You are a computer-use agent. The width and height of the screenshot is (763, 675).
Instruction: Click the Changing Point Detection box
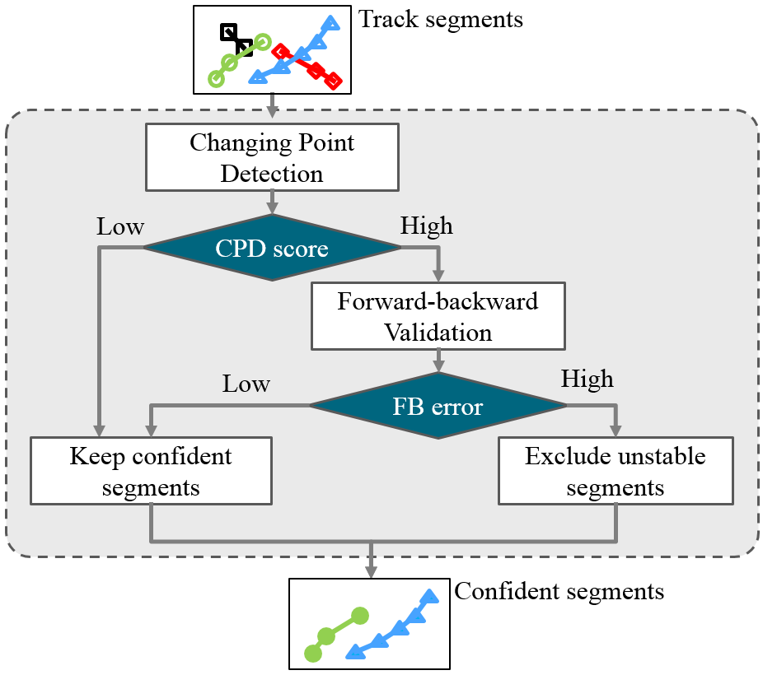272,157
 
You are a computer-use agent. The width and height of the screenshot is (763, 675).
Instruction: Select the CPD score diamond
272,247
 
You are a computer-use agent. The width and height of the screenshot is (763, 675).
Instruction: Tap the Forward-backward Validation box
438,316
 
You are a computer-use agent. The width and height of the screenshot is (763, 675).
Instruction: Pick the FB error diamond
438,406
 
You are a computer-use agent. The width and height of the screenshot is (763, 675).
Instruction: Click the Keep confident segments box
151,470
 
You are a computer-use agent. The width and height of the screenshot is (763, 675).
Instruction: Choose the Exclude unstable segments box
616,470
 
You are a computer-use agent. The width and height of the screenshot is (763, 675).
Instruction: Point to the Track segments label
441,19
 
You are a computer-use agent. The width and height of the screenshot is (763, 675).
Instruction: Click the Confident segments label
559,591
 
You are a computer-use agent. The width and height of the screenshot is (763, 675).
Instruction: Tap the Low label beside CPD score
120,226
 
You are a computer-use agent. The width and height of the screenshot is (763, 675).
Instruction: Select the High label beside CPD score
427,226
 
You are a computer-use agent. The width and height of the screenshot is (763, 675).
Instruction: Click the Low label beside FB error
246,384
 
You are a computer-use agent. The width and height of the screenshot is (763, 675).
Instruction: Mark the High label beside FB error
587,379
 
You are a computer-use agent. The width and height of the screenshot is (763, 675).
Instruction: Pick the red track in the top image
308,66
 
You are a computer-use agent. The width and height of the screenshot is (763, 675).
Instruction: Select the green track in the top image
239,58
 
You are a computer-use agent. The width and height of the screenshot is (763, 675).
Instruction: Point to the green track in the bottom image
335,634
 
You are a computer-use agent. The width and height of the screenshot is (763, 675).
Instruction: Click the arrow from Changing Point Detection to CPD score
272,202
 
